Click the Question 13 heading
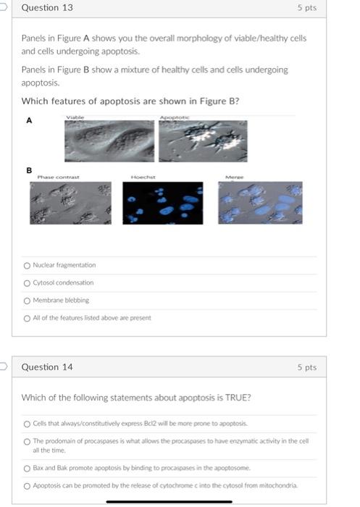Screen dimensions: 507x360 tap(47, 8)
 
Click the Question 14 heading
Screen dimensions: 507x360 tap(47, 367)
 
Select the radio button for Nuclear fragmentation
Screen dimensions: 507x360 tap(27, 265)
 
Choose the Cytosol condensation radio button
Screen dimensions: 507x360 tap(27, 282)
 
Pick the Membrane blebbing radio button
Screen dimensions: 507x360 tap(27, 300)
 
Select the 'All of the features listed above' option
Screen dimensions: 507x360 tap(27, 317)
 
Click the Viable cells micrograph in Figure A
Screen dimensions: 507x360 tap(109, 140)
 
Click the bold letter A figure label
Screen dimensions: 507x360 tap(29, 122)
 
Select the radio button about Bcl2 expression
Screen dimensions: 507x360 tap(27, 424)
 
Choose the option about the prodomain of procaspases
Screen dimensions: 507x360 tap(27, 442)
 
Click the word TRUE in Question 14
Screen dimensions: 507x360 tap(226, 397)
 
